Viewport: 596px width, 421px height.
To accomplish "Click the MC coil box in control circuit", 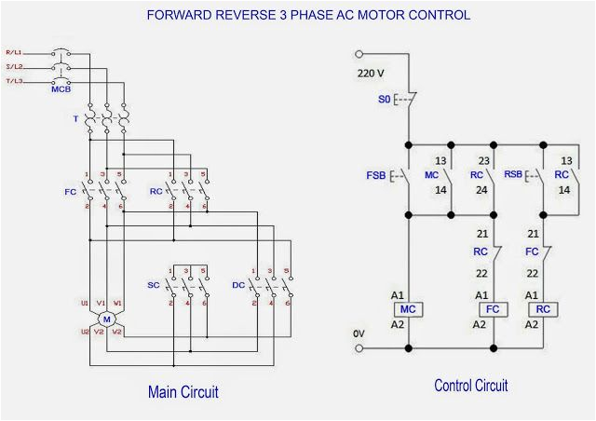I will pos(408,309).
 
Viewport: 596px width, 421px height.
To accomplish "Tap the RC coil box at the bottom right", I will pos(542,309).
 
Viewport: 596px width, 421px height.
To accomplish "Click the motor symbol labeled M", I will pos(105,320).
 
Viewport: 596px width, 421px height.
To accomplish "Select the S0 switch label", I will pos(384,96).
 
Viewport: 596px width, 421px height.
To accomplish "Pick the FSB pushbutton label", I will pos(376,175).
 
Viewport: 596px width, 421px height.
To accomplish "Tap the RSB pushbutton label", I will pos(514,175).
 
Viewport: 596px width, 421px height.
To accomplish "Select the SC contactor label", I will pos(153,284).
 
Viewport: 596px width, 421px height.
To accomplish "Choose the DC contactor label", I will pos(238,284).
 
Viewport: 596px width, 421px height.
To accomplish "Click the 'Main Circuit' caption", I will pos(183,392).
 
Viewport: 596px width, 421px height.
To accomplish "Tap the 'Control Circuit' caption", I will pos(471,386).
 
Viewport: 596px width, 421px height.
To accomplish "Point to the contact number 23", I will pos(484,160).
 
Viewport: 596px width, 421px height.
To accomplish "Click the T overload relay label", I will pos(75,120).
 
